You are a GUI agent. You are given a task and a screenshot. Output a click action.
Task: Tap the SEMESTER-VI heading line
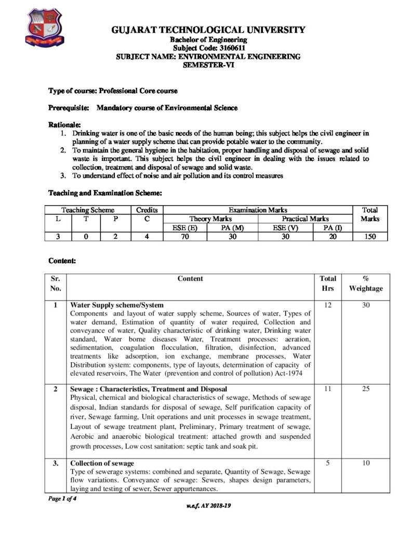209,64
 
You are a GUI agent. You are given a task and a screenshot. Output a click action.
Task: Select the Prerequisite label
69,108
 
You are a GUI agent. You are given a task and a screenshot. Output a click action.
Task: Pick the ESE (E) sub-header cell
185,227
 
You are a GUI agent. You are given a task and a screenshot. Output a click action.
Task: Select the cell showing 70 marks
185,236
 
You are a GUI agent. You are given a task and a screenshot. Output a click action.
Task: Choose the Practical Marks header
305,219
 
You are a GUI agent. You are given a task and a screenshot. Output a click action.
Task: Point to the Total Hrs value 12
327,304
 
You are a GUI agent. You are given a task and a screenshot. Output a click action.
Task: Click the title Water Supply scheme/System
117,304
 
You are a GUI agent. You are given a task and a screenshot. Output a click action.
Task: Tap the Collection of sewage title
102,463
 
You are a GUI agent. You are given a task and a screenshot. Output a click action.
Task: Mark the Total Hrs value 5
327,463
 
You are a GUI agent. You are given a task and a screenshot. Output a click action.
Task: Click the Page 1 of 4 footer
62,498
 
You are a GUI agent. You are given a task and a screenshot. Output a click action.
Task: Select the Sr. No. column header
56,283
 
